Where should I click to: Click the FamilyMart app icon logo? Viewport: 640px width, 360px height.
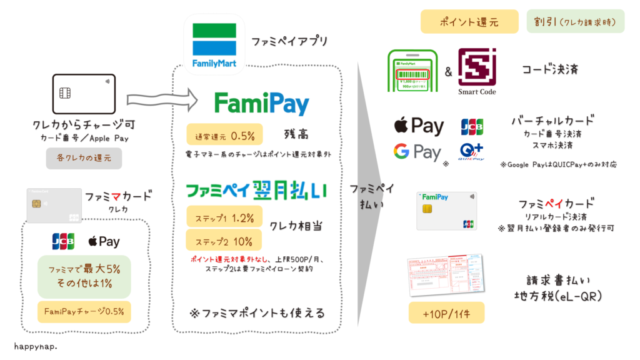[214, 44]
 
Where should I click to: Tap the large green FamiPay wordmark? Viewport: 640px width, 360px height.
[261, 103]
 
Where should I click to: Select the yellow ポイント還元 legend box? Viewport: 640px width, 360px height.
[469, 21]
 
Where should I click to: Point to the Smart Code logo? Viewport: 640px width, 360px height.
[477, 69]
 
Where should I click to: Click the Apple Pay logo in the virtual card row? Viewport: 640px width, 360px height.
[418, 126]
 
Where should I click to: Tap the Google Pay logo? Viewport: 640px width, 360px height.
[417, 152]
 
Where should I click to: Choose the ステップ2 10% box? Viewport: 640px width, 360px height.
[224, 241]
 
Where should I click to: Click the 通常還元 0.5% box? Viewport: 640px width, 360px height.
[224, 134]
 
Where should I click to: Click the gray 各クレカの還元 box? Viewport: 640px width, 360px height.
[83, 159]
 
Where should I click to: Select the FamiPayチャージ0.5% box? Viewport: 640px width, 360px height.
[84, 311]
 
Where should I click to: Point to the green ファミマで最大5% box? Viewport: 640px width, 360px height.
[84, 276]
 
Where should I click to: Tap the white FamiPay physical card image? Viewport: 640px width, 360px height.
[446, 211]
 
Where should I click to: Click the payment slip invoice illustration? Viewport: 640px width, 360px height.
[446, 276]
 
